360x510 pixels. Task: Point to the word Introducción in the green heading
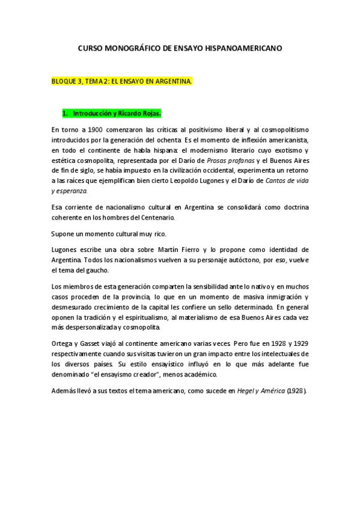pos(97,112)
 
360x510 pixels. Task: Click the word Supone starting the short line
pos(63,233)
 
